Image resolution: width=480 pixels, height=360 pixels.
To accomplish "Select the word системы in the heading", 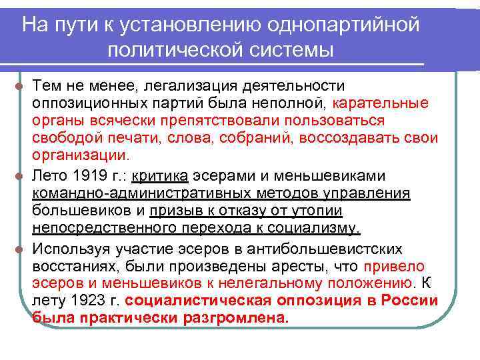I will (x=289, y=50).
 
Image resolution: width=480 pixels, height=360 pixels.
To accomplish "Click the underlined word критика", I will (x=161, y=176).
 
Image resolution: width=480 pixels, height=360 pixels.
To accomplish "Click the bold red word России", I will (x=409, y=301).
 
